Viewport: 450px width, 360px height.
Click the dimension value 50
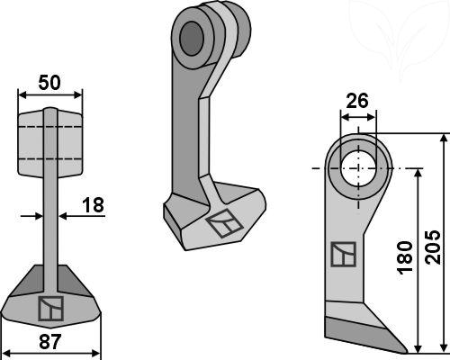click(x=49, y=83)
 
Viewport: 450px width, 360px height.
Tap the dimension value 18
click(x=93, y=205)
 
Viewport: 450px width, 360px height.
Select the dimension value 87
click(x=50, y=341)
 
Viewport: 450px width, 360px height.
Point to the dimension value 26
click(x=357, y=101)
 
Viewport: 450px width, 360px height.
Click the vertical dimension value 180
click(x=405, y=257)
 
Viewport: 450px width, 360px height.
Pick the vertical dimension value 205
click(x=433, y=247)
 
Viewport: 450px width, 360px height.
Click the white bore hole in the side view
click(x=358, y=168)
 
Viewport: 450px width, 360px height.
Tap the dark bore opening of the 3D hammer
click(x=192, y=39)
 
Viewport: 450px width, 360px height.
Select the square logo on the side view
click(x=344, y=254)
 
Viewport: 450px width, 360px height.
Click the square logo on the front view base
click(x=50, y=309)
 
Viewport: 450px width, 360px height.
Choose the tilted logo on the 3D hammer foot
click(x=224, y=224)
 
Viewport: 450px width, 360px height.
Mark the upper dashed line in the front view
click(x=50, y=127)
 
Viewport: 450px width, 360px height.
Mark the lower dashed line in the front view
click(x=50, y=158)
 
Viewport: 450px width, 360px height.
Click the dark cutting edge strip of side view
click(x=364, y=334)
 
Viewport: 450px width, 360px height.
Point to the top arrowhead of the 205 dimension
click(x=444, y=139)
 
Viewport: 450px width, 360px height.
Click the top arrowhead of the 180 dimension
click(x=418, y=175)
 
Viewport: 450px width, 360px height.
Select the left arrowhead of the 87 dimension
click(x=6, y=353)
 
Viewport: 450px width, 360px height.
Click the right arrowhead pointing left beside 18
click(x=64, y=216)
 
